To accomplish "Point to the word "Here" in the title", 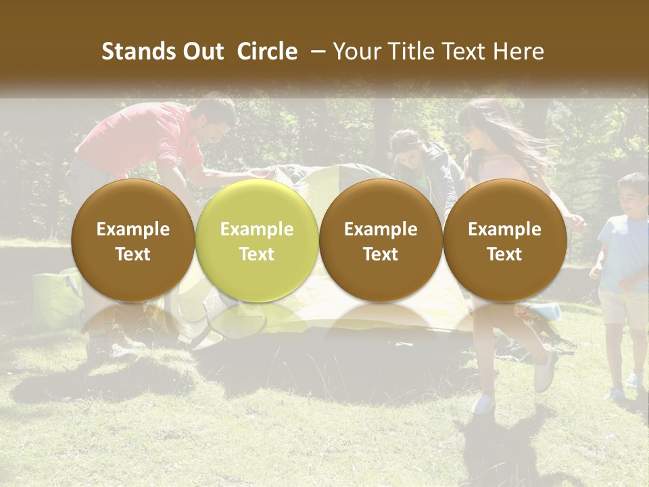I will click(519, 51).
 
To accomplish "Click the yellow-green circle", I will click(256, 241).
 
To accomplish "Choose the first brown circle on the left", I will click(133, 241).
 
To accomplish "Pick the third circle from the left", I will click(381, 241).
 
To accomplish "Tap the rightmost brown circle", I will click(504, 241).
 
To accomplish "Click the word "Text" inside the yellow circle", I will click(256, 254).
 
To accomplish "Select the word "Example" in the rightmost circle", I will click(504, 229).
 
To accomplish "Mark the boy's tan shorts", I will click(623, 308).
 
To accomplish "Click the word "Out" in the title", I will click(204, 51).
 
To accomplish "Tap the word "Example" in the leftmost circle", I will click(133, 229).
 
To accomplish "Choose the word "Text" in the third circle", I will click(381, 254).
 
